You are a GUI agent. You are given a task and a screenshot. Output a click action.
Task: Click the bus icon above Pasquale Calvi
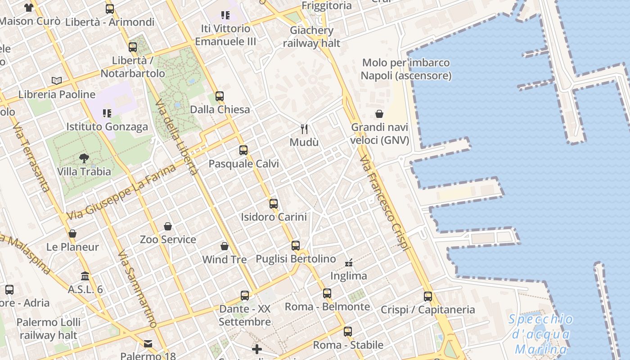coord(243,150)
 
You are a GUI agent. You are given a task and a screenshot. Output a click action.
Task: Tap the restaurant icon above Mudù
coord(304,129)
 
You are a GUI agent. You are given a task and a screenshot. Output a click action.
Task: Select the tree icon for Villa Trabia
coord(84,158)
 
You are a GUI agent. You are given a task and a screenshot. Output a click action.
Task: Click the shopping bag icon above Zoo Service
coord(168,226)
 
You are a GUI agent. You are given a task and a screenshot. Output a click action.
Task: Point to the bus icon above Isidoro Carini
coord(274,203)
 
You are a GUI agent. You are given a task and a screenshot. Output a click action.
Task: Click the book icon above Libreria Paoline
coord(57,81)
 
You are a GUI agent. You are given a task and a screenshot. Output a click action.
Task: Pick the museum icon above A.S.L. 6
coord(85,276)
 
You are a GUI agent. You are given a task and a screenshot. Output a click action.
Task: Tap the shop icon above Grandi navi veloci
coord(379,114)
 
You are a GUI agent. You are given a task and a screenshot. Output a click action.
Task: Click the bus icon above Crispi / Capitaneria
coord(427,297)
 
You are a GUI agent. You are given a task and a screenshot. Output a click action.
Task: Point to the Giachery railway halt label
coord(312,37)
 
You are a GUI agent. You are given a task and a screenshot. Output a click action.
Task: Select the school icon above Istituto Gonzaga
coord(107,113)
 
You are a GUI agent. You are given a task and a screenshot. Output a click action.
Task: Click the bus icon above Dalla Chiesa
coord(220,96)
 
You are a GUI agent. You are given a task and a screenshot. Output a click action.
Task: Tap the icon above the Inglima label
coord(349,262)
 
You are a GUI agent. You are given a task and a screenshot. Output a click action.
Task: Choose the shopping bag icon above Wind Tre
coord(225,246)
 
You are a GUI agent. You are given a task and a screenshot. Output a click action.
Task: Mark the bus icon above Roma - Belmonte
coord(327,293)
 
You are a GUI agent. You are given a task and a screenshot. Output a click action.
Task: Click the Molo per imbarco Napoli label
coord(406,69)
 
